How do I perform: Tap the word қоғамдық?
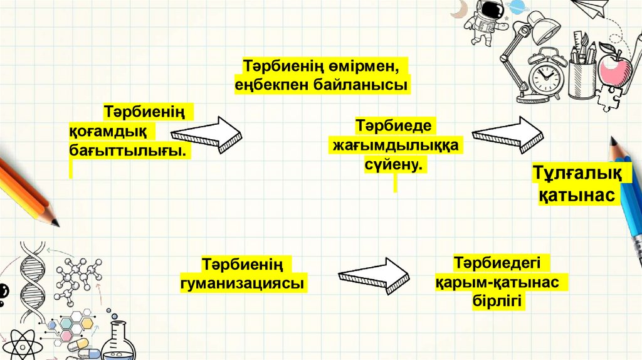[107, 132]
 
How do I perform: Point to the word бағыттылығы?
[128, 151]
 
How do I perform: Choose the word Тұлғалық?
[577, 172]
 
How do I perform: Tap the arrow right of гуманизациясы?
[374, 276]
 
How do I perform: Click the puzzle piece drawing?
[608, 97]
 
